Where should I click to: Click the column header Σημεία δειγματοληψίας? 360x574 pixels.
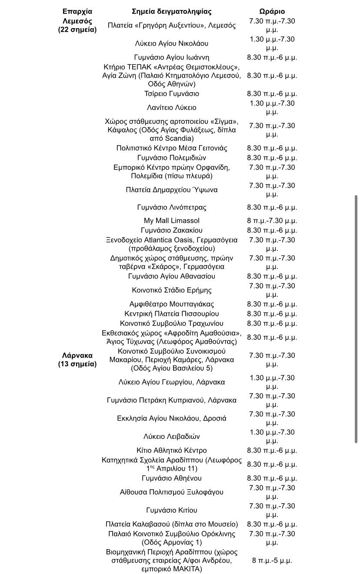[x=172, y=11]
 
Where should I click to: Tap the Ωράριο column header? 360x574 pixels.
[x=272, y=11]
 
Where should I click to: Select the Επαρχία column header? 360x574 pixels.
[x=77, y=11]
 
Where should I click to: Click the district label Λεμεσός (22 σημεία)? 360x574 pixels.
[x=77, y=25]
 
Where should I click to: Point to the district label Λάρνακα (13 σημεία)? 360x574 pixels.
[x=77, y=360]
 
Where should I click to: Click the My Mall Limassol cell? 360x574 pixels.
[x=172, y=221]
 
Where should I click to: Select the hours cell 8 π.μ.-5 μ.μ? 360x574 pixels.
[x=272, y=561]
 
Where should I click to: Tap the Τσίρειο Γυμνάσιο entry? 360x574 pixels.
[x=172, y=94]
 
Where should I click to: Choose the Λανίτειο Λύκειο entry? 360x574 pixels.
[x=172, y=108]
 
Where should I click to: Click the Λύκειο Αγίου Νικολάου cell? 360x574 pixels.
[x=172, y=43]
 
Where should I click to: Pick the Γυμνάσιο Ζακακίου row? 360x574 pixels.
[x=172, y=230]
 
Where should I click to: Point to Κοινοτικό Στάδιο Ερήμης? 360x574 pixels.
[x=172, y=290]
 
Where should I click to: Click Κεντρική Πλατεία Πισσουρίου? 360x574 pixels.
[x=172, y=314]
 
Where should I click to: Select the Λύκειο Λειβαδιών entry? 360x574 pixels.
[x=172, y=437]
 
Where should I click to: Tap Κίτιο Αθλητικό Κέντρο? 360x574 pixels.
[x=172, y=451]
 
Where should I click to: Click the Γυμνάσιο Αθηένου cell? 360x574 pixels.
[x=172, y=478]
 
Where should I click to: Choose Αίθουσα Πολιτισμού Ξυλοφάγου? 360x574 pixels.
[x=172, y=492]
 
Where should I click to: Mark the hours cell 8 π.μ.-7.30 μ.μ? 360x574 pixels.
[x=272, y=221]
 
